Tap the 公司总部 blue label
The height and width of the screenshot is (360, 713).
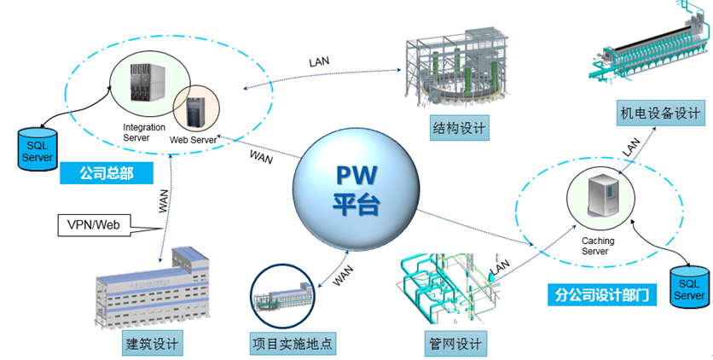coord(108,173)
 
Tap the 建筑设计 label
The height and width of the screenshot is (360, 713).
coord(153,345)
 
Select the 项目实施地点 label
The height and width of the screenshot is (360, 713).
coord(292,345)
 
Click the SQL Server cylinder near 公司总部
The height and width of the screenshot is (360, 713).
coord(38,149)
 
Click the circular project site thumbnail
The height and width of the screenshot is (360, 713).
coord(283,296)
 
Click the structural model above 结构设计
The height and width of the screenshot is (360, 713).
coord(457,69)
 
